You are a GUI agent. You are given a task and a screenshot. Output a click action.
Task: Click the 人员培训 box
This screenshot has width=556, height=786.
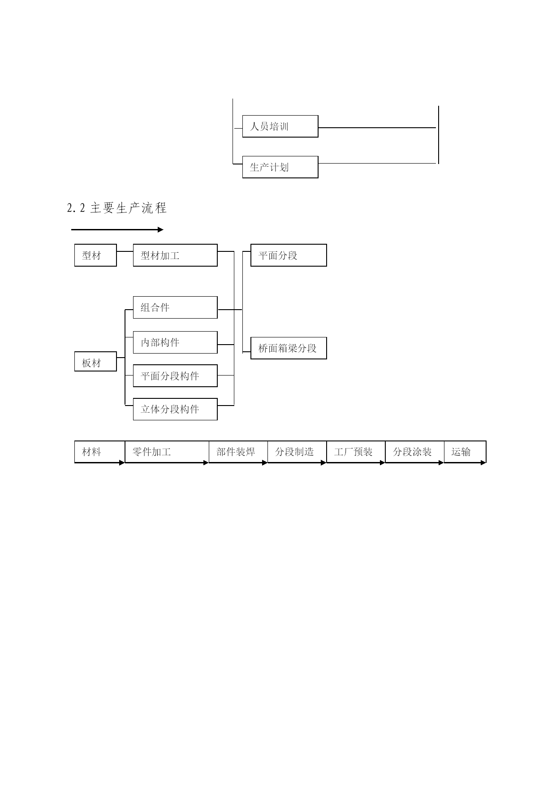point(280,126)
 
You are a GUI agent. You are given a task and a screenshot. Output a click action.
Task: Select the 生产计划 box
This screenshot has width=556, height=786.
point(280,167)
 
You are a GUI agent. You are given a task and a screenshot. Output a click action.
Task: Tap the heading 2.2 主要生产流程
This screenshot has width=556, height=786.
point(117,208)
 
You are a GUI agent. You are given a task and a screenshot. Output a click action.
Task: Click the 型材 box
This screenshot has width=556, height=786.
point(95,255)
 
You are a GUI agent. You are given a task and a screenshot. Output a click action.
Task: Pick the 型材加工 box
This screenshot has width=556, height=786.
point(175,255)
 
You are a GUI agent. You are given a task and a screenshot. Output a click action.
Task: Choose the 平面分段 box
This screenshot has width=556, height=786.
point(289,255)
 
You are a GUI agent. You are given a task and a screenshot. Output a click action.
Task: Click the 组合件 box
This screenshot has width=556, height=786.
point(175,307)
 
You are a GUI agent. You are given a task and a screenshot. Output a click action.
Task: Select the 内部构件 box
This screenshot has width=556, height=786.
point(175,342)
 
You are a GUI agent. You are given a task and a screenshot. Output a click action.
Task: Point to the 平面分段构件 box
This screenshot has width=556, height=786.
point(175,376)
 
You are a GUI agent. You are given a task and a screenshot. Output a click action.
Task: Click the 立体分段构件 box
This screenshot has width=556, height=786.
point(175,409)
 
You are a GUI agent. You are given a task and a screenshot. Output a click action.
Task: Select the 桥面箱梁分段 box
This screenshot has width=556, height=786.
point(289,348)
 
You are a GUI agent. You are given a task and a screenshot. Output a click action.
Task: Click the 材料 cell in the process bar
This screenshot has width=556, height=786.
point(99,452)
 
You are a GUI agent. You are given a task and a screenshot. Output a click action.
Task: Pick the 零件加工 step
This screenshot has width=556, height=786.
point(167,452)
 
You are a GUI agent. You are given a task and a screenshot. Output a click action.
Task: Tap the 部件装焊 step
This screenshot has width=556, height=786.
point(238,452)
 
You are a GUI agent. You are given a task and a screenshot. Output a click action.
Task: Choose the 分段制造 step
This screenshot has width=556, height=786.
point(297,452)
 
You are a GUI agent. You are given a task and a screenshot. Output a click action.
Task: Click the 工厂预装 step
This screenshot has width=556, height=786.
point(356,452)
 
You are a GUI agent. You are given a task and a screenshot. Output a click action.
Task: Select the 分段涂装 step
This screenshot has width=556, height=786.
point(414,452)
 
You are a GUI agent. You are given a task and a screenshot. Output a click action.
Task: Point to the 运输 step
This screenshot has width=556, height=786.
point(465,452)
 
